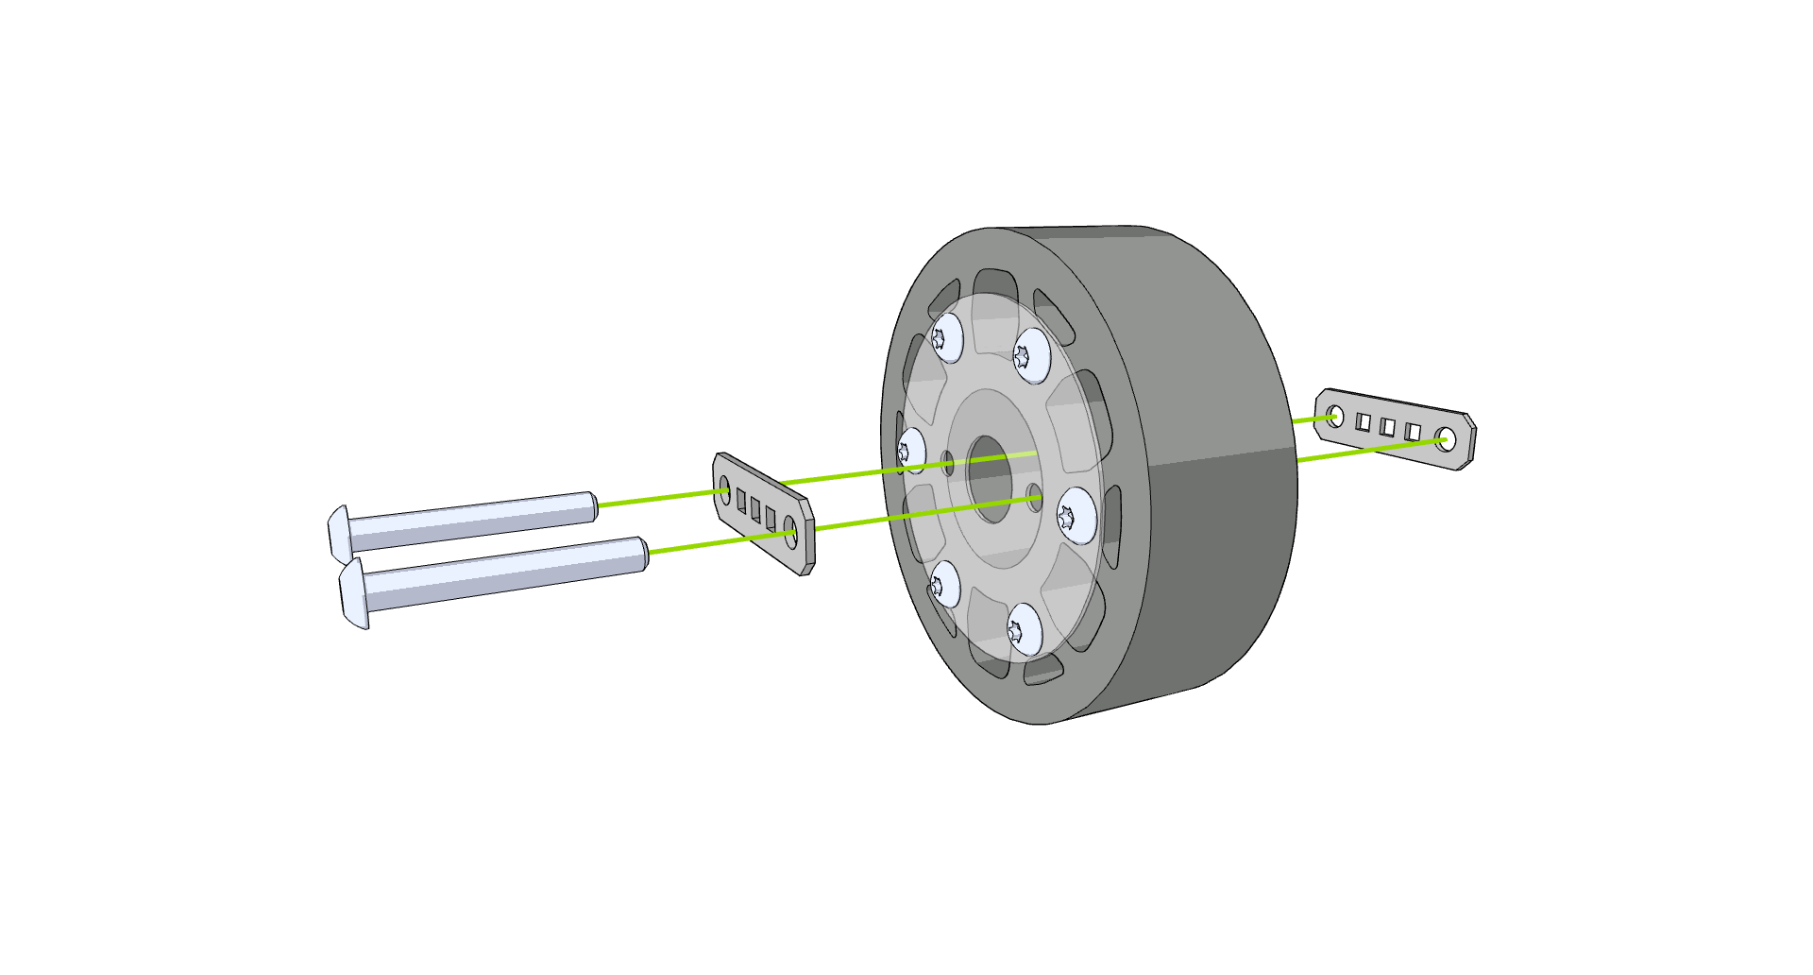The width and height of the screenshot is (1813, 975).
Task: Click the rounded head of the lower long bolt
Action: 352,593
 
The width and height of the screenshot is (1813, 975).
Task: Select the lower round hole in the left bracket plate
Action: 791,532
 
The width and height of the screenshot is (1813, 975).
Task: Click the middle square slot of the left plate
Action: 755,510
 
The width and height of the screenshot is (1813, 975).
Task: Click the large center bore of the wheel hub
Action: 989,479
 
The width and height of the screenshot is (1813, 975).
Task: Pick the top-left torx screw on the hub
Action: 946,337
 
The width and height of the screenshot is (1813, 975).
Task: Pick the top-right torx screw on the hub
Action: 1031,355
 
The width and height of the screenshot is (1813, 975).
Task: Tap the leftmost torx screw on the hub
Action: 910,451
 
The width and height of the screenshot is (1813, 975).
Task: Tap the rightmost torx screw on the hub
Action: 1076,515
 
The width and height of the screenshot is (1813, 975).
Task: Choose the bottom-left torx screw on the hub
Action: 944,585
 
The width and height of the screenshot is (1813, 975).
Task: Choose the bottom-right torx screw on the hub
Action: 1024,629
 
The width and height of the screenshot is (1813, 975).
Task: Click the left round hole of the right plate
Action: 1334,417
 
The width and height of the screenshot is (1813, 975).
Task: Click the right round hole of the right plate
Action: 1445,438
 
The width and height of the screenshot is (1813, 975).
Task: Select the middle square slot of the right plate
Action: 1387,427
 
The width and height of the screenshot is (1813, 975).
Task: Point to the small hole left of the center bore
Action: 948,463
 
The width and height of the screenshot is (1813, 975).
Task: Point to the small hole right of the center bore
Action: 1035,497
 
